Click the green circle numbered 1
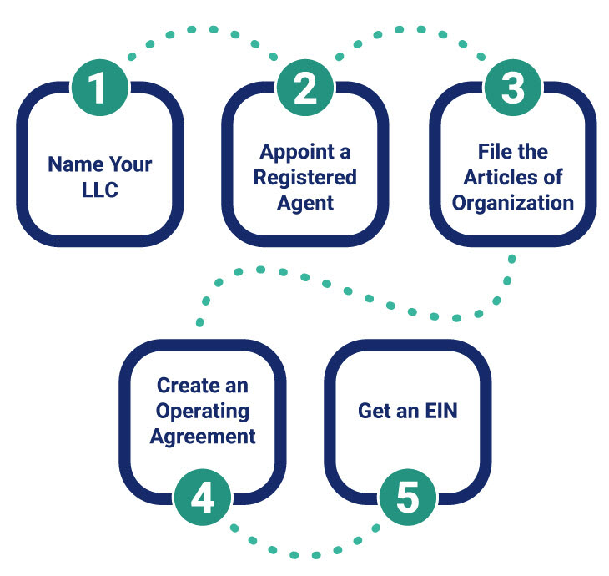pyautogui.click(x=98, y=88)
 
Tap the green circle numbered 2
pyautogui.click(x=305, y=88)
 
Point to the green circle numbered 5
pyautogui.click(x=407, y=498)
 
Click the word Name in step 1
pyautogui.click(x=69, y=164)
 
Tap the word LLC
pyautogui.click(x=99, y=190)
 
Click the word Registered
pyautogui.click(x=305, y=177)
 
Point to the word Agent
pyautogui.click(x=305, y=203)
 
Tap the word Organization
pyautogui.click(x=513, y=203)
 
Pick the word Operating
pyautogui.click(x=203, y=412)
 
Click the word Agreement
pyautogui.click(x=203, y=437)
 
